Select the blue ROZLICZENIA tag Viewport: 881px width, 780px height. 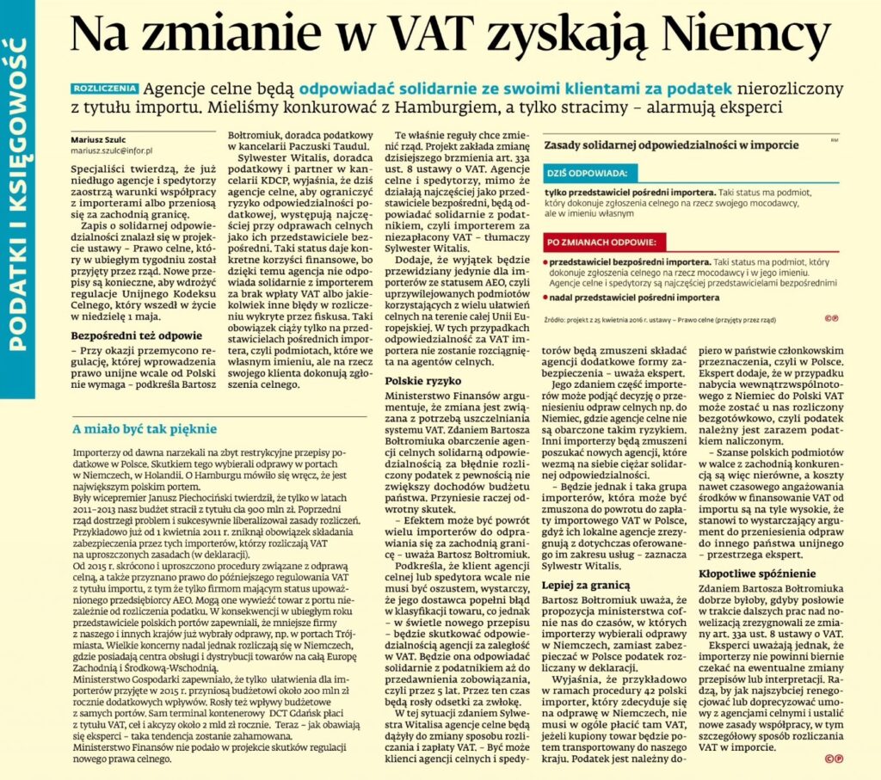tap(105, 88)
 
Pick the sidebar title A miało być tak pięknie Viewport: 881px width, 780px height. tap(145, 428)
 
